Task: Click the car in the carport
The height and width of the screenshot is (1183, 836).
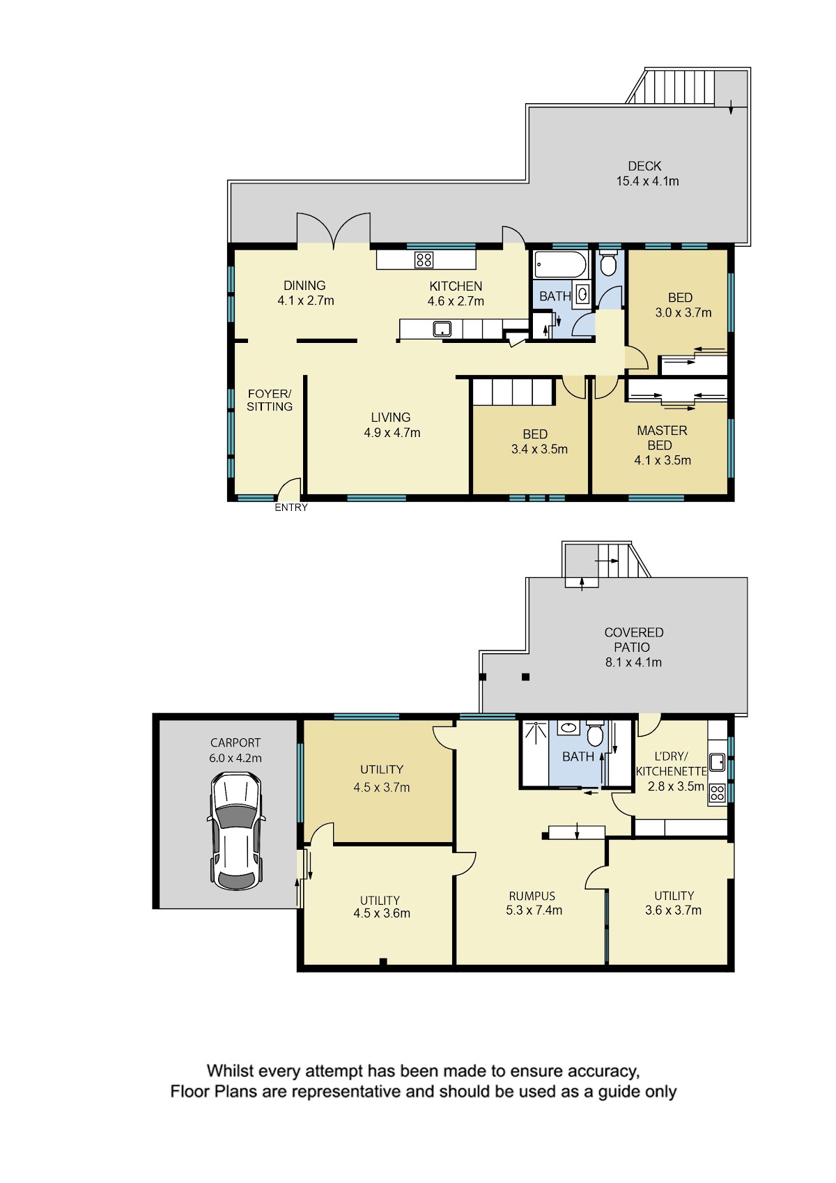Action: pos(236,831)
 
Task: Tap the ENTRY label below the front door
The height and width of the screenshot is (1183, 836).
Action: pos(291,507)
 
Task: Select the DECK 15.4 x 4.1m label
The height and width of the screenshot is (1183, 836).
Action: pos(647,174)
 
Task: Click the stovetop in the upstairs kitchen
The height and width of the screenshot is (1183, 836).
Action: pos(424,259)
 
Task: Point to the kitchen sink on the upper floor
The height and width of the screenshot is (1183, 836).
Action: pos(442,329)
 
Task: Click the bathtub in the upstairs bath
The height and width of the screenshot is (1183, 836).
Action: pos(560,264)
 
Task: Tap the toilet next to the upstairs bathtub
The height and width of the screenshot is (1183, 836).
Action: pos(608,264)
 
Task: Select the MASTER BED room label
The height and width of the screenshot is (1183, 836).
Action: pos(663,445)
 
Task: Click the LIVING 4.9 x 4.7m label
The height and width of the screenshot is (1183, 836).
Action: pos(392,425)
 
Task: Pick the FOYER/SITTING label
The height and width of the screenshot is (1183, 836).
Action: pos(270,400)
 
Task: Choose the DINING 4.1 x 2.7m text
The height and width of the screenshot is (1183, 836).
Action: pos(306,293)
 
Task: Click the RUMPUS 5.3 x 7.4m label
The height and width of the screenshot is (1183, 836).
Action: pos(534,903)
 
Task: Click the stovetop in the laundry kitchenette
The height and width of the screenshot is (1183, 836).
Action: pos(717,793)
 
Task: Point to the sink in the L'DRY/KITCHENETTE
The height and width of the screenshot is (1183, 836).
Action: pos(717,762)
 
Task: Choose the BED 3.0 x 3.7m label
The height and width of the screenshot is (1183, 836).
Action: pos(683,305)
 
